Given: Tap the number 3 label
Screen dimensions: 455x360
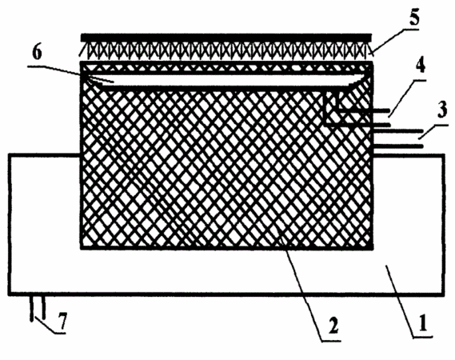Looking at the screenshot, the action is click(441, 110).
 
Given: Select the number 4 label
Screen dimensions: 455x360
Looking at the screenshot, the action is click(420, 66).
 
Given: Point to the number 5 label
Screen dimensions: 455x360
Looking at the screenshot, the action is click(413, 18).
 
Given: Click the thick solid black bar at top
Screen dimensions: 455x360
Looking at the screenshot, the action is click(226, 38).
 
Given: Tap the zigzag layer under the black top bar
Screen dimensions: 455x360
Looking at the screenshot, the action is click(226, 50).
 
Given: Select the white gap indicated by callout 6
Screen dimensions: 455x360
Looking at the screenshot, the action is click(226, 81).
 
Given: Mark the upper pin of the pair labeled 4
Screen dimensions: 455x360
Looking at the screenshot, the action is click(364, 110).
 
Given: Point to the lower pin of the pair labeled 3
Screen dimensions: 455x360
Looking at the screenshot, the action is click(398, 146).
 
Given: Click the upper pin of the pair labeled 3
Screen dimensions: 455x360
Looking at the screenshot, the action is click(398, 131).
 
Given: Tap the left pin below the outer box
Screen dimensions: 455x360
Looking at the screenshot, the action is click(31, 308).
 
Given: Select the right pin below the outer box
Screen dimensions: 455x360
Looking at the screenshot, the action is click(43, 307).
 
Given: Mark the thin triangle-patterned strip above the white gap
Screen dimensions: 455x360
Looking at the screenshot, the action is click(226, 69).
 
